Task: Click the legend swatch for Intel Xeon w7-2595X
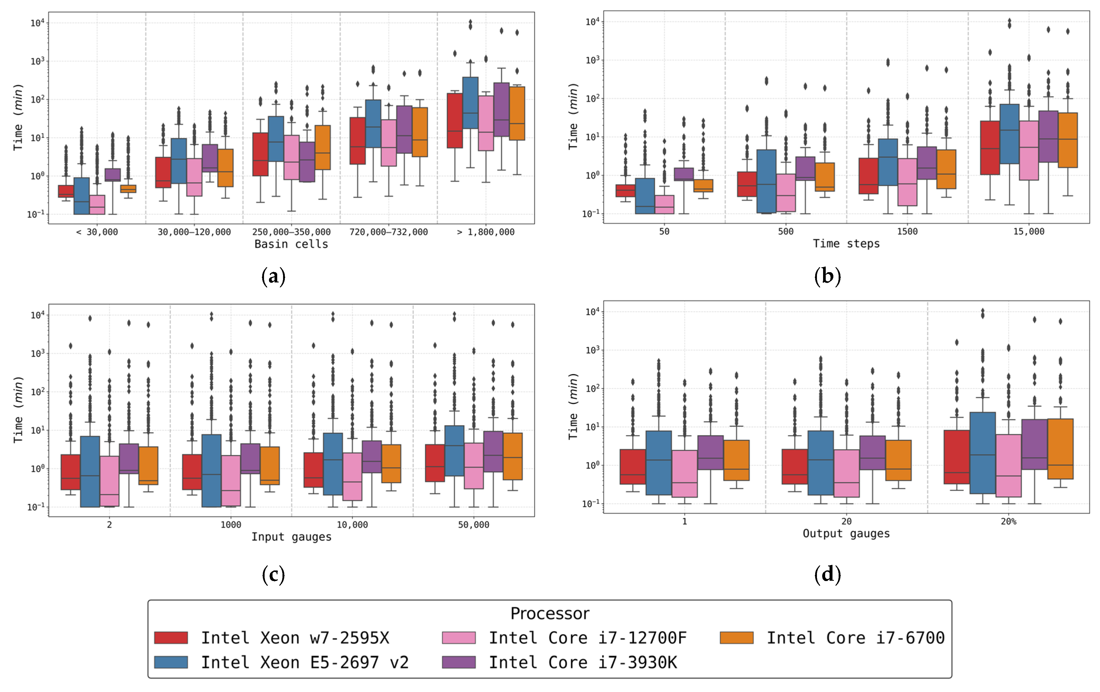point(171,638)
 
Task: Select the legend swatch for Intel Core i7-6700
point(736,638)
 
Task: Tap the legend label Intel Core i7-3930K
point(583,662)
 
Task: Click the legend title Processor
point(550,613)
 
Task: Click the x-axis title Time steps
point(846,244)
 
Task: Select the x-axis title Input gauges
point(292,537)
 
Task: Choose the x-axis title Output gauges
point(846,533)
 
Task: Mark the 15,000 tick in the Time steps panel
point(1029,231)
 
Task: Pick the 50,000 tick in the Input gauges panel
point(474,525)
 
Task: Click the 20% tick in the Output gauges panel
point(1009,521)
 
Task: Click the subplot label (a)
point(274,277)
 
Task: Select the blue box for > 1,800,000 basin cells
point(471,103)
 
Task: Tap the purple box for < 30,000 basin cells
point(113,175)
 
